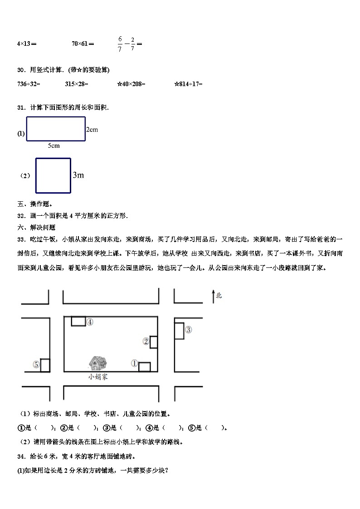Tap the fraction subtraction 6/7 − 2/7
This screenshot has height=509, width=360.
(x=129, y=44)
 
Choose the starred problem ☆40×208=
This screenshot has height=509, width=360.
(x=131, y=84)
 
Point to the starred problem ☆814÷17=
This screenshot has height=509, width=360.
(x=188, y=84)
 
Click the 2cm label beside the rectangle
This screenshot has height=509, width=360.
(x=92, y=130)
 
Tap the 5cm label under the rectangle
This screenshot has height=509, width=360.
(x=54, y=146)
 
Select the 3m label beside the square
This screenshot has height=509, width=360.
(x=78, y=175)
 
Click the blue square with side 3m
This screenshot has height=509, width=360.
(x=53, y=175)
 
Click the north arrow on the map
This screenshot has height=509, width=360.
(x=214, y=296)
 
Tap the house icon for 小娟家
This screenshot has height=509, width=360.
(x=97, y=363)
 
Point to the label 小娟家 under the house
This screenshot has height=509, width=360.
(x=98, y=377)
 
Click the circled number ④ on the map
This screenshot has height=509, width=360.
(x=90, y=322)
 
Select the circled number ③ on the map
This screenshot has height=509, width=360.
(x=189, y=330)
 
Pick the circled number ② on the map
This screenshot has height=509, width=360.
(x=146, y=341)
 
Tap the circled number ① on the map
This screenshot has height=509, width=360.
(x=134, y=363)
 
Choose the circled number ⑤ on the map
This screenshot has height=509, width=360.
(x=36, y=364)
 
